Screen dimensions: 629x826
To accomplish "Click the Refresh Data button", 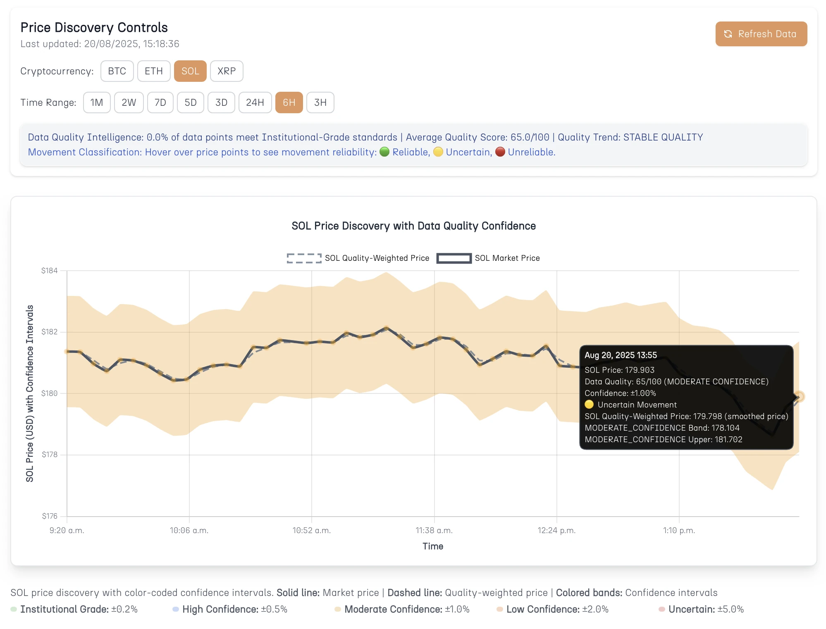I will [x=761, y=34].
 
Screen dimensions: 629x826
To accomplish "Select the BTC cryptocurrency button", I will [x=117, y=71].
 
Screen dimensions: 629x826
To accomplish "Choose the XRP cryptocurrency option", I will [x=227, y=71].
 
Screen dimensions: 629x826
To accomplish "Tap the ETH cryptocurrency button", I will [x=153, y=71].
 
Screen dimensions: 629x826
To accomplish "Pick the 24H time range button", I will [x=255, y=102].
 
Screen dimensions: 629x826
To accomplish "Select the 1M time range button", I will [x=97, y=102].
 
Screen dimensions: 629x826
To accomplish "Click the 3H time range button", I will [x=320, y=102].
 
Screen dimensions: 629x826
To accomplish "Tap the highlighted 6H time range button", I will [x=289, y=102].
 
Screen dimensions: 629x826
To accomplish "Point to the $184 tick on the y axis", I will [x=50, y=271].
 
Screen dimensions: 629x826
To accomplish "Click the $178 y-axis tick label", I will [x=50, y=455].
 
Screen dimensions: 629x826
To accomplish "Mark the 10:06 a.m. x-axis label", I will [x=189, y=530].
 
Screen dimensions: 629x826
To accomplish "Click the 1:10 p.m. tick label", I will [x=679, y=530].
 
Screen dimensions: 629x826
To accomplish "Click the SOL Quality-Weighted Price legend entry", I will [x=358, y=258].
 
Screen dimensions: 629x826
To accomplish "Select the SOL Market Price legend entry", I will [x=488, y=258].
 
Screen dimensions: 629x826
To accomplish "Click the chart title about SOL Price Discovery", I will [x=413, y=226].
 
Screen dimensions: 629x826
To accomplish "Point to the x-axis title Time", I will [x=432, y=546].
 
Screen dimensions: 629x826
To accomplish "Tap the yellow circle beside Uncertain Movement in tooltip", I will [x=589, y=405].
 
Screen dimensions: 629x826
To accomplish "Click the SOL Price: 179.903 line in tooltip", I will [x=619, y=370].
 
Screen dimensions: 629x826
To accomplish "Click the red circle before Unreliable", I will [x=500, y=152].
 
